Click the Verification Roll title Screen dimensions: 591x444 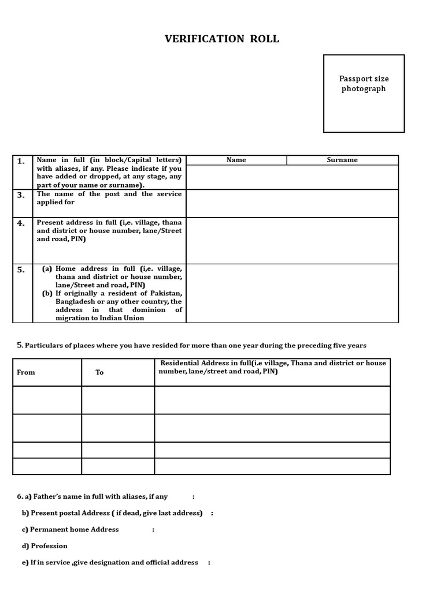pos(222,39)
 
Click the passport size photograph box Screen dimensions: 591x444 pos(364,93)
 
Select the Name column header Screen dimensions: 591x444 pos(236,160)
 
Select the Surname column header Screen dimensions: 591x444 pos(342,160)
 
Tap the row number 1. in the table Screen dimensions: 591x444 pos(21,162)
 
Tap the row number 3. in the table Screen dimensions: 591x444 pos(21,195)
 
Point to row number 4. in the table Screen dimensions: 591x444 pos(21,223)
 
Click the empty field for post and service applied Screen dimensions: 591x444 pos(292,203)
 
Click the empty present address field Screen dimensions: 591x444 pos(292,240)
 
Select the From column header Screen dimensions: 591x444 pos(26,372)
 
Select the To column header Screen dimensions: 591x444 pos(99,372)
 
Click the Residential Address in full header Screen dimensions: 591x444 pos(272,367)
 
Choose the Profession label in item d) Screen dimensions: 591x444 pos(49,546)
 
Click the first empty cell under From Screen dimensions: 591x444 pos(47,400)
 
